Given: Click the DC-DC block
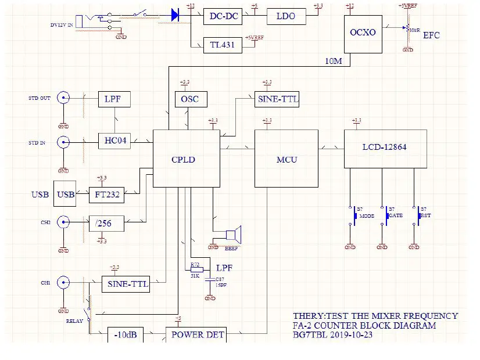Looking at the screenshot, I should click(x=224, y=16).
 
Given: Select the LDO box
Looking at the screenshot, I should click(x=285, y=16).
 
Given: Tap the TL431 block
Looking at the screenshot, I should click(x=222, y=45).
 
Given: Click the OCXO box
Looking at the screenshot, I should click(x=363, y=33).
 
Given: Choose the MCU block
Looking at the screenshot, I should click(x=286, y=159).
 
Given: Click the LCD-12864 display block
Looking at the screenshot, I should click(x=385, y=148).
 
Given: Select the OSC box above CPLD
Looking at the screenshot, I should click(x=189, y=99).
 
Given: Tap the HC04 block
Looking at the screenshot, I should click(x=114, y=141).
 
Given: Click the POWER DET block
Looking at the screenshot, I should click(x=196, y=334).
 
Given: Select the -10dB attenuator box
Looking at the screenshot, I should click(x=125, y=335).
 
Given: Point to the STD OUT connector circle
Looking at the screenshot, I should click(x=63, y=98).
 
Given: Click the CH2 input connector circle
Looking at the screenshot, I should click(x=63, y=221).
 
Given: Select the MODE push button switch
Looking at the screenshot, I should click(x=354, y=215).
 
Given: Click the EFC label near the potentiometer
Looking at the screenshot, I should click(x=431, y=35).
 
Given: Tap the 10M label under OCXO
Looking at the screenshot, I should click(x=334, y=62).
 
